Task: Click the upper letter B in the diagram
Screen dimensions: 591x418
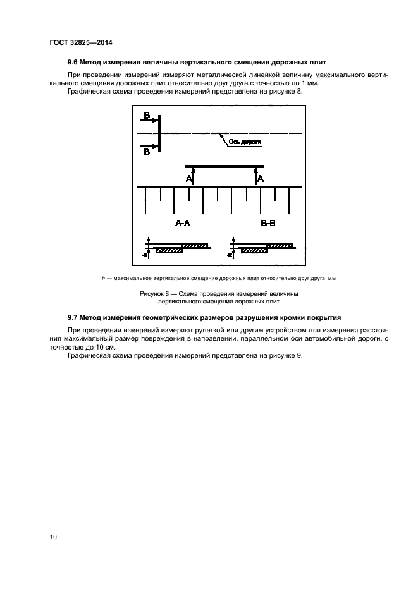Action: [147, 116]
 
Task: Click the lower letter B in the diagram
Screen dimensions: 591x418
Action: [147, 152]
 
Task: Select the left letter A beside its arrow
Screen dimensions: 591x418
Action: [188, 179]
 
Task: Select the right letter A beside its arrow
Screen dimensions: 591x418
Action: [261, 179]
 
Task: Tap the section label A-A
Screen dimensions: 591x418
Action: [183, 224]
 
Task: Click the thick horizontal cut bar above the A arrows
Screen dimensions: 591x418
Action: [224, 166]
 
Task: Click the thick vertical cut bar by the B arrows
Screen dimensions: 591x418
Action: [159, 133]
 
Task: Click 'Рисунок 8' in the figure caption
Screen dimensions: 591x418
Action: [153, 294]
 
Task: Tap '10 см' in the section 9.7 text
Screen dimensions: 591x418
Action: [99, 348]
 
